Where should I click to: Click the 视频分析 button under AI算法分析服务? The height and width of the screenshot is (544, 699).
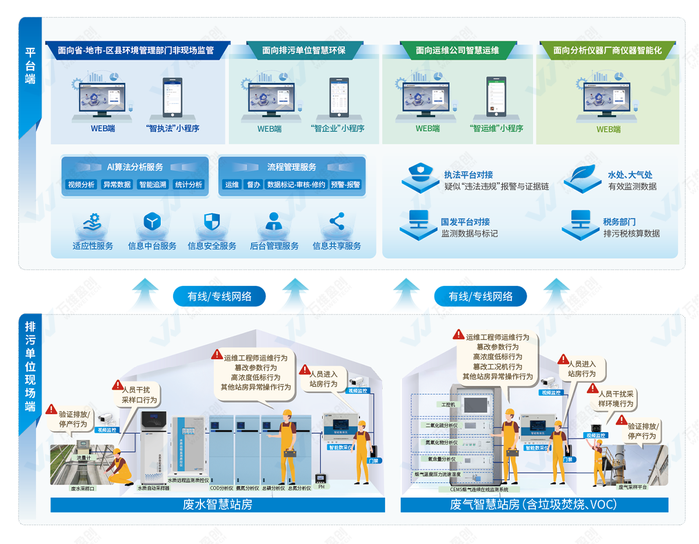[81, 185]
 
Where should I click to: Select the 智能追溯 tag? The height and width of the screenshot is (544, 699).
[153, 185]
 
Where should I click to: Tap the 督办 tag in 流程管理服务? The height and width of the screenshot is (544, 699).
[253, 185]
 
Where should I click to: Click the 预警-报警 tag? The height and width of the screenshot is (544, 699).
[345, 185]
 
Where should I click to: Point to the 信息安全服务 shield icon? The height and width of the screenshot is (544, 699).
[211, 222]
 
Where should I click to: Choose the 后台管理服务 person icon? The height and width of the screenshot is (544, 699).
[274, 222]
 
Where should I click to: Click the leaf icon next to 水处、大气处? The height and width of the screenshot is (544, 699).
[582, 174]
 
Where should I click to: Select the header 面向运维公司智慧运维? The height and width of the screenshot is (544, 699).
[457, 51]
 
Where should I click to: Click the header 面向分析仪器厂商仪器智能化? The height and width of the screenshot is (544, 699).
[608, 51]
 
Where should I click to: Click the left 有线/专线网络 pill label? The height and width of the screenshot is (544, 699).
[219, 296]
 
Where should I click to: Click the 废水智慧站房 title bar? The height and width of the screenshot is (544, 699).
[218, 504]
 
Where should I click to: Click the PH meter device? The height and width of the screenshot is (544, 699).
[321, 479]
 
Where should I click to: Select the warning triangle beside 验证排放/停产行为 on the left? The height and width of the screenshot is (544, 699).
[52, 409]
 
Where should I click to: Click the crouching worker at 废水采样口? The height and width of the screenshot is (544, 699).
[121, 469]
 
